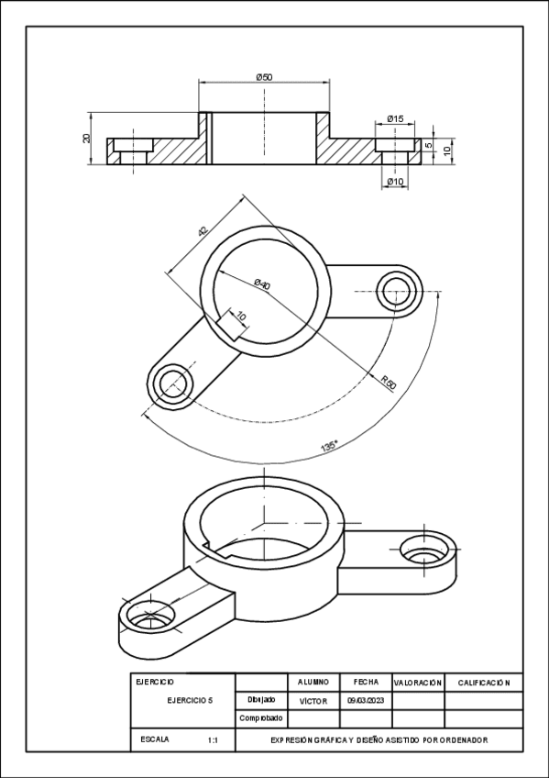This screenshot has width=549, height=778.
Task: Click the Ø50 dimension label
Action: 263,77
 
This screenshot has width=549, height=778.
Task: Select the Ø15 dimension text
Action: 395,119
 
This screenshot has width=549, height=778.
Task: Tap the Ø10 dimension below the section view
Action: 395,182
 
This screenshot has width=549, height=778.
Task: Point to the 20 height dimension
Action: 86,139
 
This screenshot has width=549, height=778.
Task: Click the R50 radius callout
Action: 389,383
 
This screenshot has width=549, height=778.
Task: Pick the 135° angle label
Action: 329,446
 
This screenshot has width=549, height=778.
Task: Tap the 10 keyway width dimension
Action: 241,316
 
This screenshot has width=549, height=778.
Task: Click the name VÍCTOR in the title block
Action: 313,700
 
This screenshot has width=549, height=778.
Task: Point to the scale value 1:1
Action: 213,739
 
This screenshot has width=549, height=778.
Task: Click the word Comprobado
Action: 260,717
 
